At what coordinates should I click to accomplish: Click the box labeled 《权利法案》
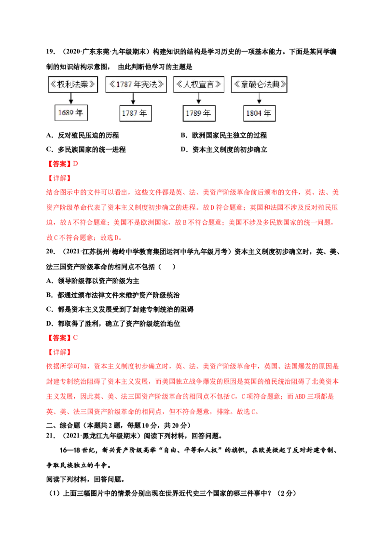click(73, 84)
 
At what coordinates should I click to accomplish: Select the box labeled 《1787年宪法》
click(136, 84)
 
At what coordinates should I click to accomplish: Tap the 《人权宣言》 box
click(199, 84)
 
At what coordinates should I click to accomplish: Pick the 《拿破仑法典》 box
click(259, 84)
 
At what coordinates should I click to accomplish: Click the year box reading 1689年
click(71, 113)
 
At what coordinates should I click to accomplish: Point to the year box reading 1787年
click(136, 113)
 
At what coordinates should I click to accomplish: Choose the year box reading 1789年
click(199, 113)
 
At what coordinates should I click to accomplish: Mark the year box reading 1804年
click(259, 113)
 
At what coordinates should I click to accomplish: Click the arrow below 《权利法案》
click(71, 98)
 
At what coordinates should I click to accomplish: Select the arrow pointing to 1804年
click(259, 99)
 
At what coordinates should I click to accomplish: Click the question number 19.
click(51, 52)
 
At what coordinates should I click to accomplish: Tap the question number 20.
click(51, 251)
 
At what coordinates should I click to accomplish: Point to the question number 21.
click(51, 436)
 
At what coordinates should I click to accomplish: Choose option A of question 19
click(83, 135)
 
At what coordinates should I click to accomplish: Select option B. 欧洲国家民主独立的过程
click(224, 135)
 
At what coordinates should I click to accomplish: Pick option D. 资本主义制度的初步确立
click(224, 150)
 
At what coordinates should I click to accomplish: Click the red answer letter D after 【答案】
click(76, 164)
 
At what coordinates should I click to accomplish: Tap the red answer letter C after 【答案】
click(76, 338)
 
